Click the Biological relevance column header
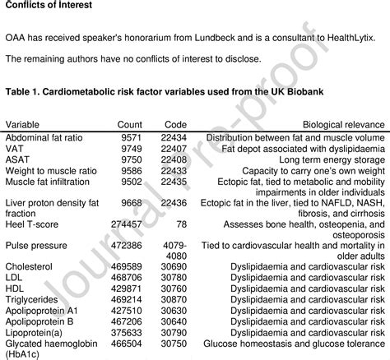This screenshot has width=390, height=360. pyautogui.click(x=340, y=123)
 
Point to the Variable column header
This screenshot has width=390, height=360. pyautogui.click(x=24, y=123)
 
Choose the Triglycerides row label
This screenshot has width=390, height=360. pyautogui.click(x=30, y=302)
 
